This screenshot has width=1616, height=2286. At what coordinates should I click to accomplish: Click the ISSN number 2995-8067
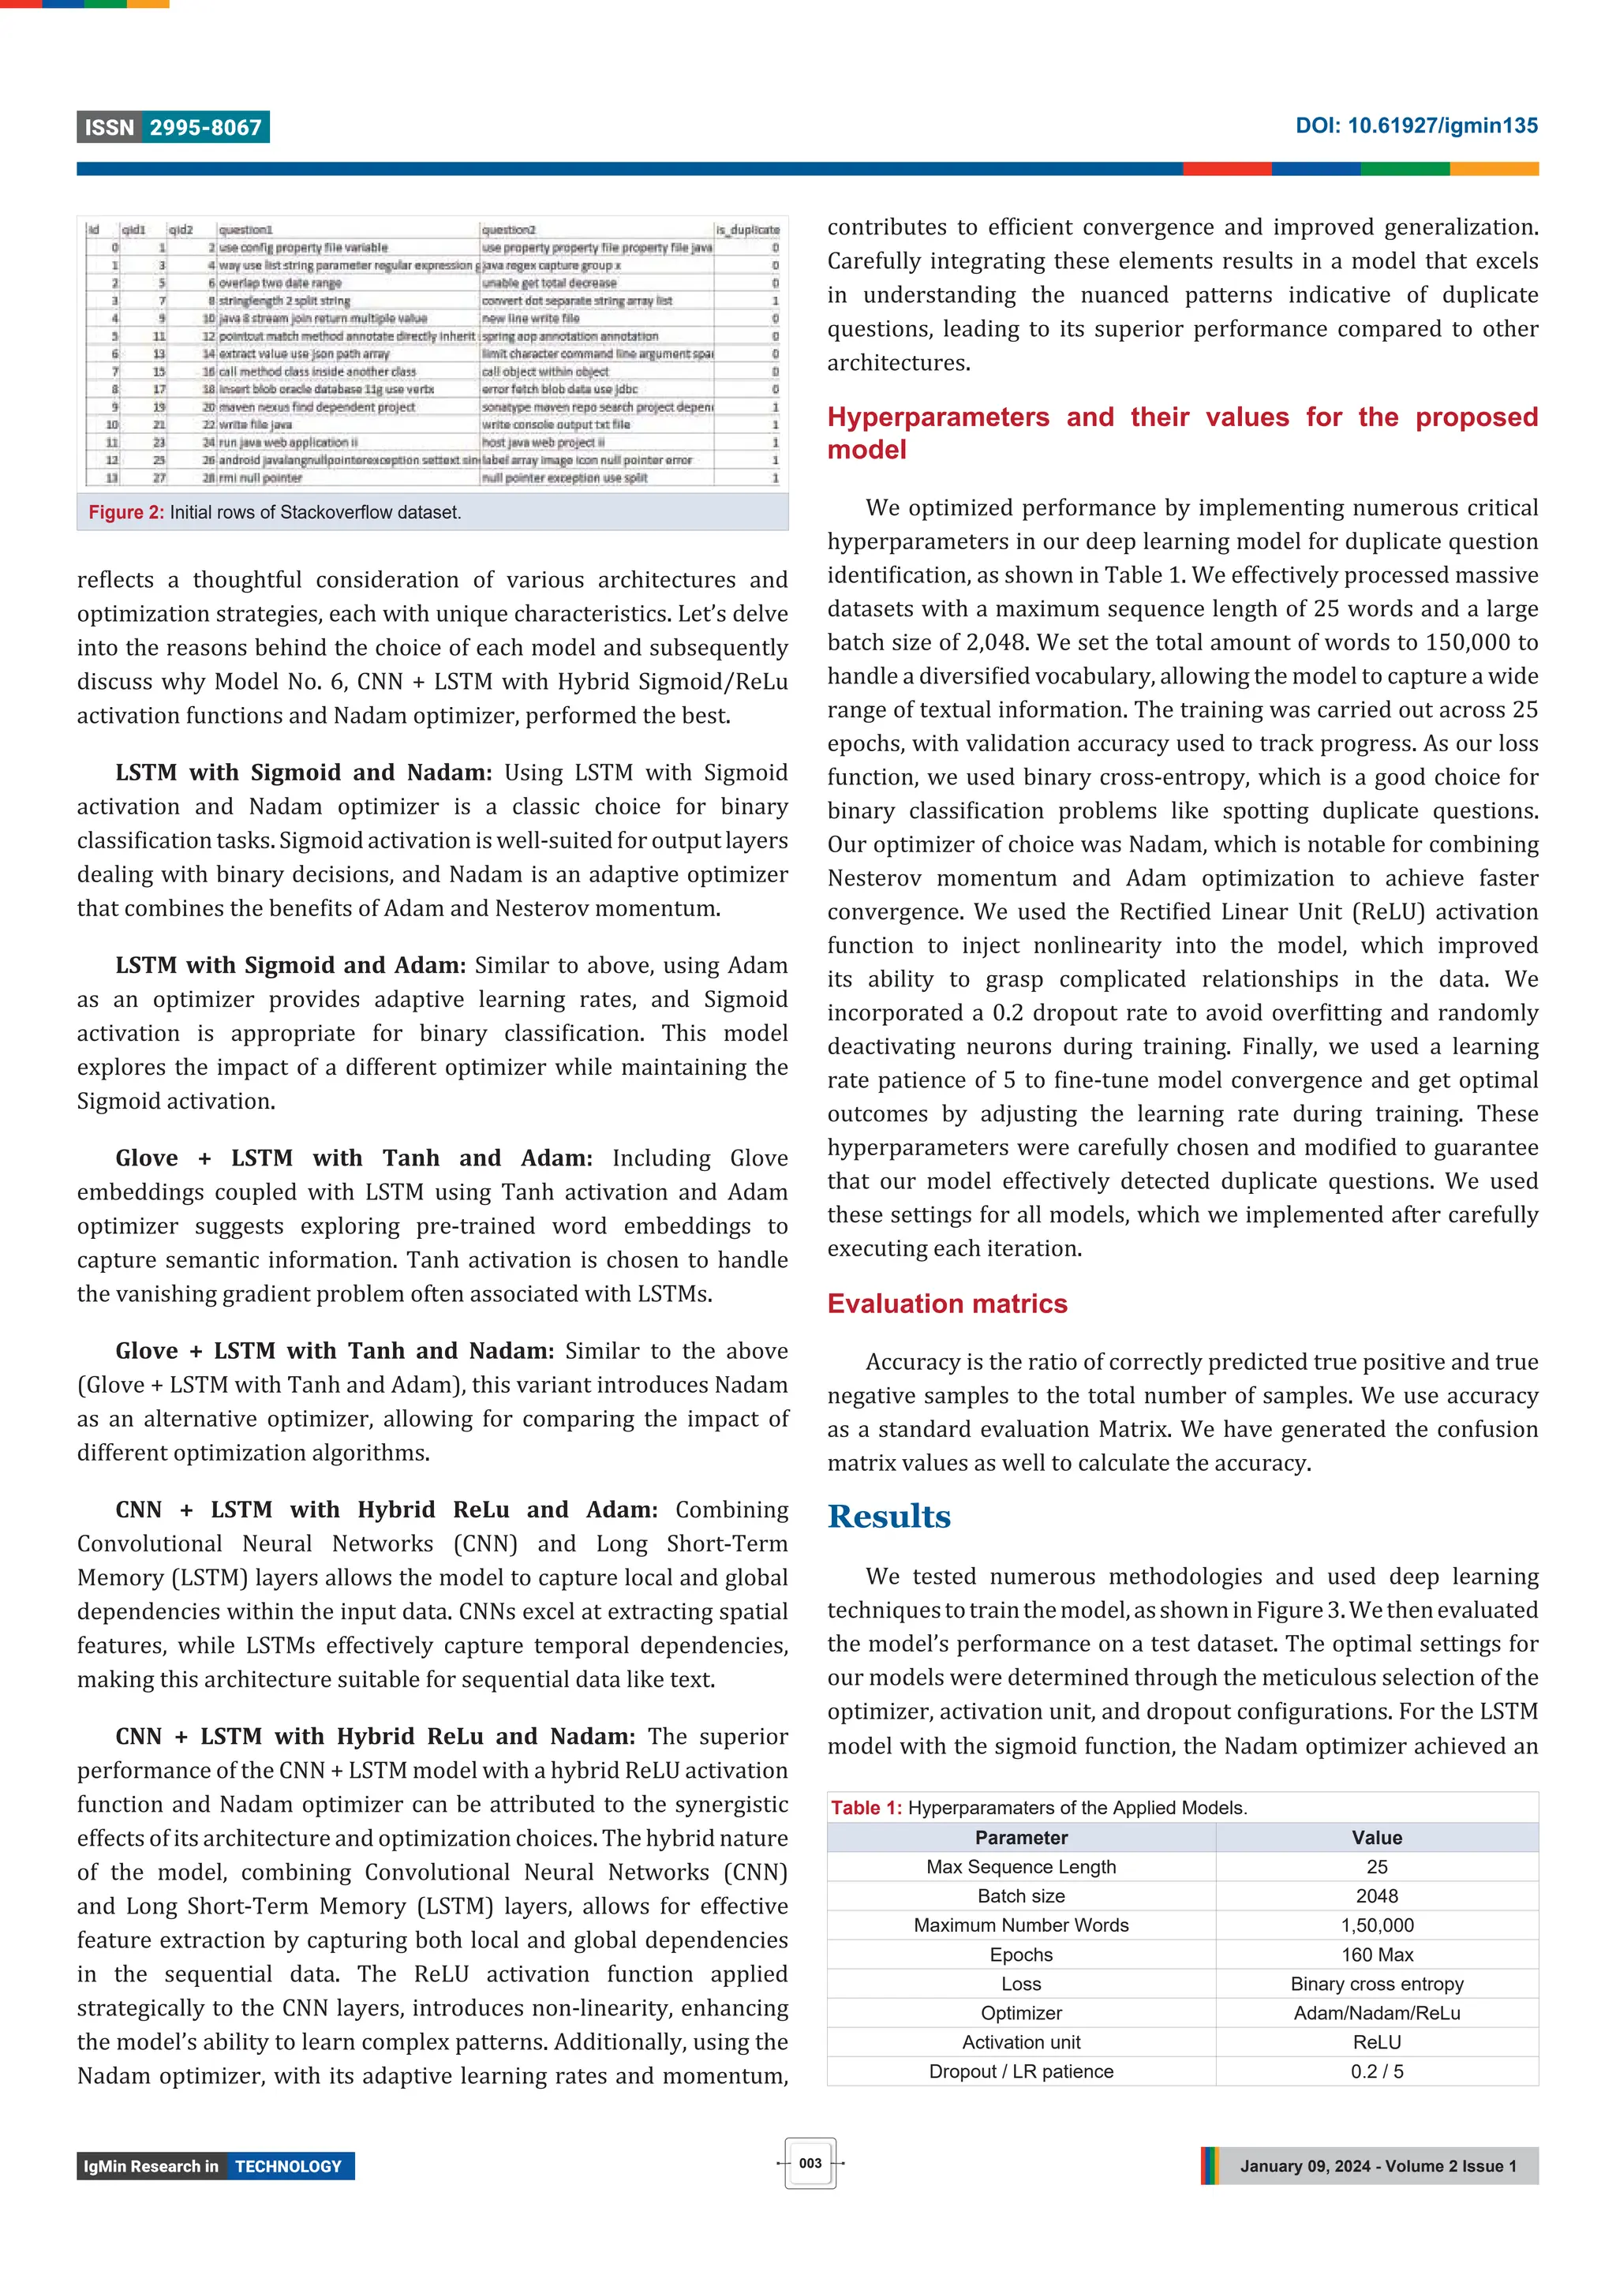205,128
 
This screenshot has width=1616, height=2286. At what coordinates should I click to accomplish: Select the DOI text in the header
1415,125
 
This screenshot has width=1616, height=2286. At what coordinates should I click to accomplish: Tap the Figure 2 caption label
125,512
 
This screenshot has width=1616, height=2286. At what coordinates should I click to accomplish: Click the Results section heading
888,1517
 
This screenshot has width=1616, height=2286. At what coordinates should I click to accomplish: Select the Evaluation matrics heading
946,1304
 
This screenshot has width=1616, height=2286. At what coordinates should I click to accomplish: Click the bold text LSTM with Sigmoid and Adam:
290,965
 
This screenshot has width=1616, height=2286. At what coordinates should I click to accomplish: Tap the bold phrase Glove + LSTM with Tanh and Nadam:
335,1350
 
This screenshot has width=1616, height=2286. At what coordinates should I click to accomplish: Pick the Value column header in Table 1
1376,1837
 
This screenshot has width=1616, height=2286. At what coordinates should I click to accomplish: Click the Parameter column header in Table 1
1020,1837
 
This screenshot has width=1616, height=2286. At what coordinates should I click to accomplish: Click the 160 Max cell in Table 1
1376,1955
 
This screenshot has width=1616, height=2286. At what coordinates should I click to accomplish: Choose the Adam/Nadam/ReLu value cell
1376,2012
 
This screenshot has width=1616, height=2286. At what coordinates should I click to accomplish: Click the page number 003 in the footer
810,2163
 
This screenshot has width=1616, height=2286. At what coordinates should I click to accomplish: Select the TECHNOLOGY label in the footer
288,2167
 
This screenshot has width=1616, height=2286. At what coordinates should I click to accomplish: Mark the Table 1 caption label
866,1807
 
